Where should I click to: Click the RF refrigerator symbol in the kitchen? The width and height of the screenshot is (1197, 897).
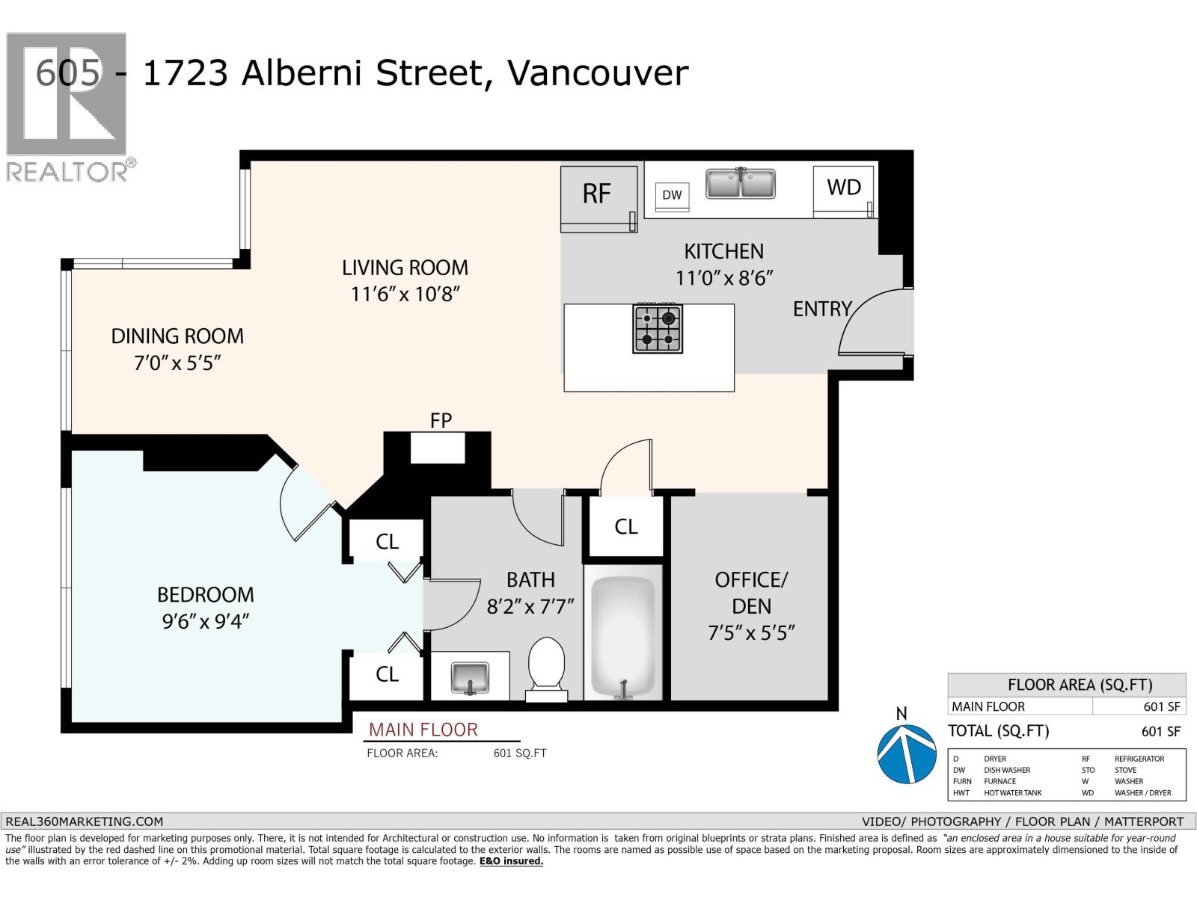[x=598, y=199]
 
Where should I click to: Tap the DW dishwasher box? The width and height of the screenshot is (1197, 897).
[x=672, y=196]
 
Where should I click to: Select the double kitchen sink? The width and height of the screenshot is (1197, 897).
[x=740, y=183]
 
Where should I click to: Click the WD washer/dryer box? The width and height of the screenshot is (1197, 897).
[x=843, y=191]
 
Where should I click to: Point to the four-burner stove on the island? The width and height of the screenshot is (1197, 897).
[x=658, y=328]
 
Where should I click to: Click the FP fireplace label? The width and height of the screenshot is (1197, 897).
[x=441, y=420]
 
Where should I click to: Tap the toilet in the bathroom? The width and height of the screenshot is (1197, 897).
[x=546, y=669]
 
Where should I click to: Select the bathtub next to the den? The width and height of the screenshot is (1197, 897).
[x=622, y=638]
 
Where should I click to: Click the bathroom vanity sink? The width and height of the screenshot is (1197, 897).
[x=470, y=679]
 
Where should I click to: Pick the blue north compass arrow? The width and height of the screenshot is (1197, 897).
[x=906, y=753]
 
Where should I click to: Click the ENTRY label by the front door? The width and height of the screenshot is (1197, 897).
[x=821, y=309]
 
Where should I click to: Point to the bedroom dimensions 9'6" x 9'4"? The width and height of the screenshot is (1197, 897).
[x=205, y=621]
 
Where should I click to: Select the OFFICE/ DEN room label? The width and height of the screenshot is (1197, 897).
[x=751, y=593]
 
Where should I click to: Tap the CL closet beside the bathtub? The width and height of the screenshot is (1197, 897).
[x=625, y=527]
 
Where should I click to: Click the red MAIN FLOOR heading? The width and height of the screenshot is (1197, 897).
[x=423, y=730]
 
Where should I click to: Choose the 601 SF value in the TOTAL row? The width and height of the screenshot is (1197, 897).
[x=1161, y=732]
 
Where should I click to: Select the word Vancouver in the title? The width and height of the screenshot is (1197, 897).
[x=598, y=73]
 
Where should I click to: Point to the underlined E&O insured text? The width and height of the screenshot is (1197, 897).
[x=511, y=861]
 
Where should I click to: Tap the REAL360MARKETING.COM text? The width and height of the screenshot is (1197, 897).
[x=84, y=822]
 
